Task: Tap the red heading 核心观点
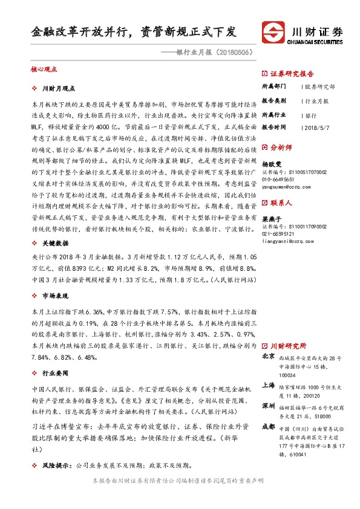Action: point(43,70)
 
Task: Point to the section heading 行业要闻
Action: point(54,374)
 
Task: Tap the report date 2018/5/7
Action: point(318,128)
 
